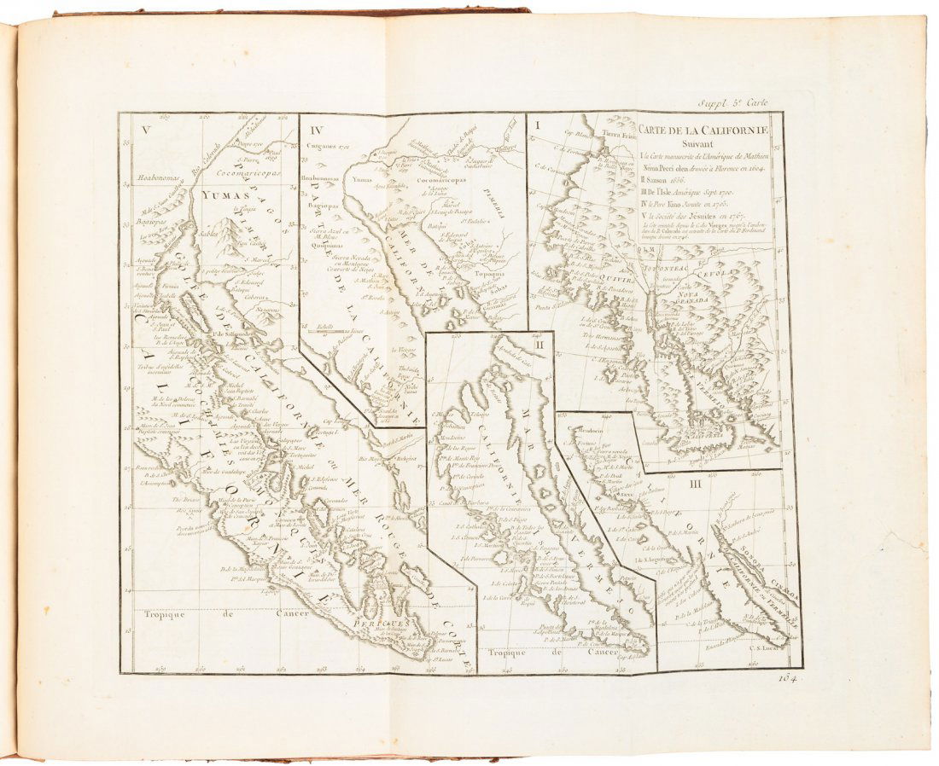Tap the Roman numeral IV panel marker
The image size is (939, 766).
[x=318, y=131]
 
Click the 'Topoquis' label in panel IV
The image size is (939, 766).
[x=485, y=276]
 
